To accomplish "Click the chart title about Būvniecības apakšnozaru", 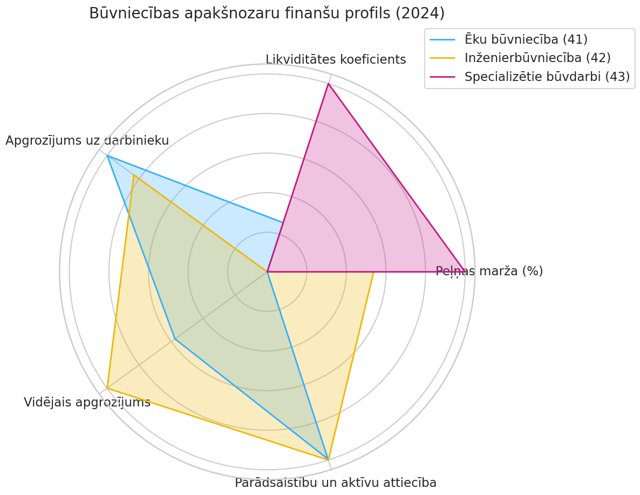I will pyautogui.click(x=267, y=13).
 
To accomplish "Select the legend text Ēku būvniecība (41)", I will pyautogui.click(x=526, y=39).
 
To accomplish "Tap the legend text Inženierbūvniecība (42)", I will pyautogui.click(x=537, y=58).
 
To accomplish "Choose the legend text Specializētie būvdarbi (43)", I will pyautogui.click(x=547, y=77).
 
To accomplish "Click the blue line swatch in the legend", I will pyautogui.click(x=443, y=39).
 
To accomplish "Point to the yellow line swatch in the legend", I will pyautogui.click(x=443, y=58).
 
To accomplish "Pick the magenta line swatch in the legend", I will pyautogui.click(x=443, y=77).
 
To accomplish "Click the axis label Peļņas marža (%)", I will pyautogui.click(x=489, y=271).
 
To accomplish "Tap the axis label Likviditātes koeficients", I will pyautogui.click(x=336, y=60).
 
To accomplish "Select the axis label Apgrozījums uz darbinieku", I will pyautogui.click(x=87, y=141).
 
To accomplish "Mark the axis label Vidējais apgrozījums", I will pyautogui.click(x=87, y=402).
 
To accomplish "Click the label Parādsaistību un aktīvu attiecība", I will pyautogui.click(x=336, y=483).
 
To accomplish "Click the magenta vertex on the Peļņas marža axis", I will pyautogui.click(x=465, y=272).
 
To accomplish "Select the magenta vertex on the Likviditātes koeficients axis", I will pyautogui.click(x=328, y=84).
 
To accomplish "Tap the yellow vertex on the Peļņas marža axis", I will pyautogui.click(x=373, y=272).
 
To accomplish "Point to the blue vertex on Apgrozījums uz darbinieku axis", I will pyautogui.click(x=107, y=155).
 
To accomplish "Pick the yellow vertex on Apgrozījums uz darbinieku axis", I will pyautogui.click(x=134, y=175).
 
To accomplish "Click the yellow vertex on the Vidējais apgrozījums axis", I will pyautogui.click(x=107, y=388).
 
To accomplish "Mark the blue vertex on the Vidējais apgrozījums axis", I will pyautogui.click(x=175, y=339).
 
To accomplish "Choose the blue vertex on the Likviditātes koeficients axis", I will pyautogui.click(x=283, y=222).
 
